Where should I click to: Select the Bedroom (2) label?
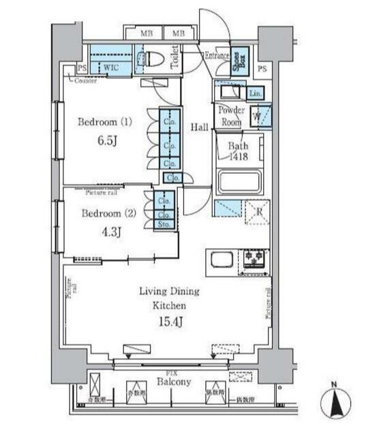[x=108, y=213]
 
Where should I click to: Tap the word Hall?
[x=199, y=127]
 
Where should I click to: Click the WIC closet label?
[x=111, y=67]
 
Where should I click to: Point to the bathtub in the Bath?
[x=238, y=183]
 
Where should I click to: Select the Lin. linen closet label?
[x=255, y=93]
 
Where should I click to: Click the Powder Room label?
[x=230, y=115]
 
